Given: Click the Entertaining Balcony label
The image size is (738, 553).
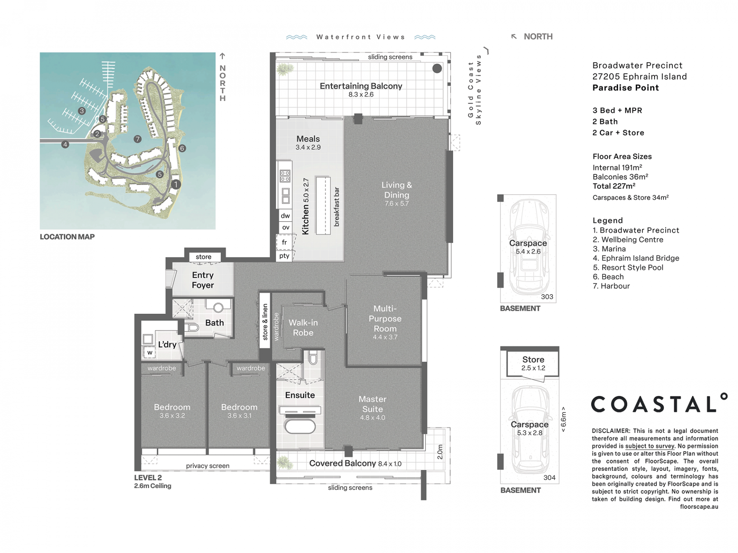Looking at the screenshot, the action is pyautogui.click(x=361, y=86).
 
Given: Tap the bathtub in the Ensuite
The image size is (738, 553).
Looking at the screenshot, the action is pyautogui.click(x=300, y=426).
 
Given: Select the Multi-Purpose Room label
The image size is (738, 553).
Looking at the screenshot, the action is pyautogui.click(x=385, y=318).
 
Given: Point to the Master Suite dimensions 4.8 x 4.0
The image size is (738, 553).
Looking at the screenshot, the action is pyautogui.click(x=372, y=417).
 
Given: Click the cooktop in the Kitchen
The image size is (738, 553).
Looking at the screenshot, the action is pyautogui.click(x=285, y=176).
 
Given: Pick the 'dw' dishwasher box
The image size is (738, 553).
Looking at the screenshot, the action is pyautogui.click(x=285, y=215).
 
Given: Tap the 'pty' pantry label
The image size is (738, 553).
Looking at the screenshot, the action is pyautogui.click(x=284, y=256).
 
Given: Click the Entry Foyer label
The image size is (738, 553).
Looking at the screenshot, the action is pyautogui.click(x=203, y=280).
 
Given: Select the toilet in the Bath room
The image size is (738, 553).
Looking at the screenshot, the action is pyautogui.click(x=191, y=328).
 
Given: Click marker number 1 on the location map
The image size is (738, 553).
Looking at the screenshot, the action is pyautogui.click(x=176, y=184).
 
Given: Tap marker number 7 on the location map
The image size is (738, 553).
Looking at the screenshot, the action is pyautogui.click(x=138, y=139).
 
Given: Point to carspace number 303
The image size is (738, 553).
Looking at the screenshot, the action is pyautogui.click(x=547, y=296).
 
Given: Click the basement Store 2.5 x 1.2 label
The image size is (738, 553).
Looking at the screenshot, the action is pyautogui.click(x=533, y=363).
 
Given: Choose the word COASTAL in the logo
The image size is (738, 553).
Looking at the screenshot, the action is pyautogui.click(x=654, y=404).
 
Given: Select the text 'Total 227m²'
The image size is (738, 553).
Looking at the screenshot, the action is pyautogui.click(x=614, y=186).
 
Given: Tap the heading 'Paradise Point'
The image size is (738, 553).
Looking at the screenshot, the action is pyautogui.click(x=626, y=88).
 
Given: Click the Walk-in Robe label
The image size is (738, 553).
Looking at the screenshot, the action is pyautogui.click(x=303, y=328).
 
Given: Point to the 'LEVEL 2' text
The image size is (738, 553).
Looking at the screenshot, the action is pyautogui.click(x=148, y=478).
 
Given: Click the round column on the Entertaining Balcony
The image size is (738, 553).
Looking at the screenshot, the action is pyautogui.click(x=437, y=68).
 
